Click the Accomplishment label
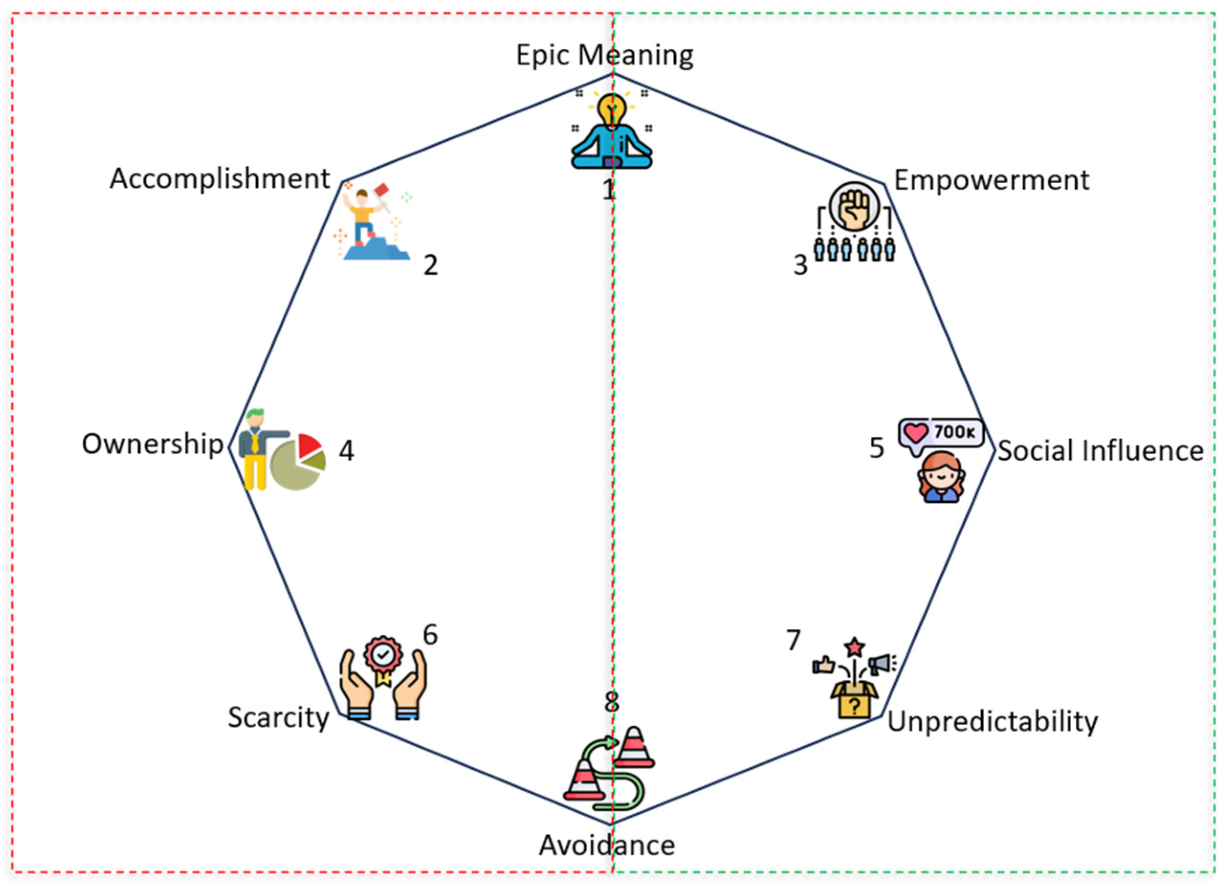(220, 179)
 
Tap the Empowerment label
(991, 180)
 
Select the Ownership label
(152, 444)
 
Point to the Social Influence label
(1100, 451)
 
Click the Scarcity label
(278, 718)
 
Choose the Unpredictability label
(992, 722)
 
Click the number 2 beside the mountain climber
(430, 266)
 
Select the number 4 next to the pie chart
(347, 451)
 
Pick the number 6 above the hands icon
(430, 635)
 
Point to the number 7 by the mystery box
(793, 640)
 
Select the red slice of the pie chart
(308, 445)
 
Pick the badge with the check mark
(383, 655)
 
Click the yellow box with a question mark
(854, 704)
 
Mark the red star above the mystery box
(855, 647)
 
